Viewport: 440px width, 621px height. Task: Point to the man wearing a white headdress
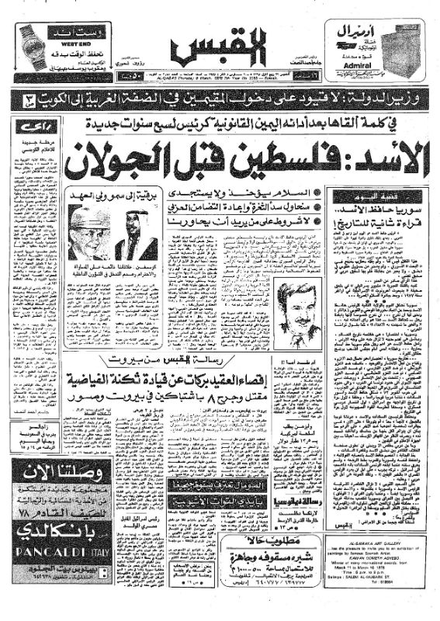tap(136, 234)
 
